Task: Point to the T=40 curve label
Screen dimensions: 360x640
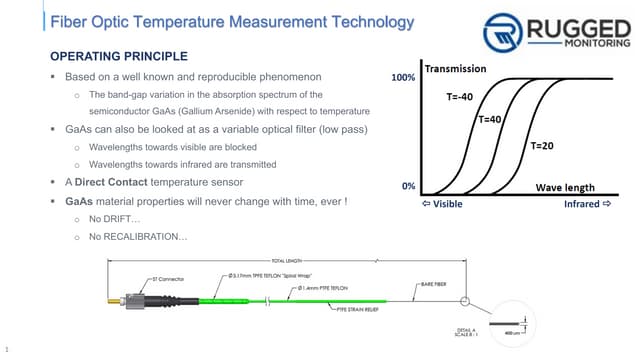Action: coord(490,119)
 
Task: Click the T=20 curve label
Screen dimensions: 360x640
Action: coord(541,146)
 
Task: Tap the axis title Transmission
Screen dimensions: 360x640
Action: coord(455,69)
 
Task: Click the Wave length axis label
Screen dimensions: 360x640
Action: coord(565,187)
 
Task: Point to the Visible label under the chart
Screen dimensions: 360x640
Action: coord(446,204)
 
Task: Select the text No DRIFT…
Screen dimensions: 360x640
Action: coord(115,218)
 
